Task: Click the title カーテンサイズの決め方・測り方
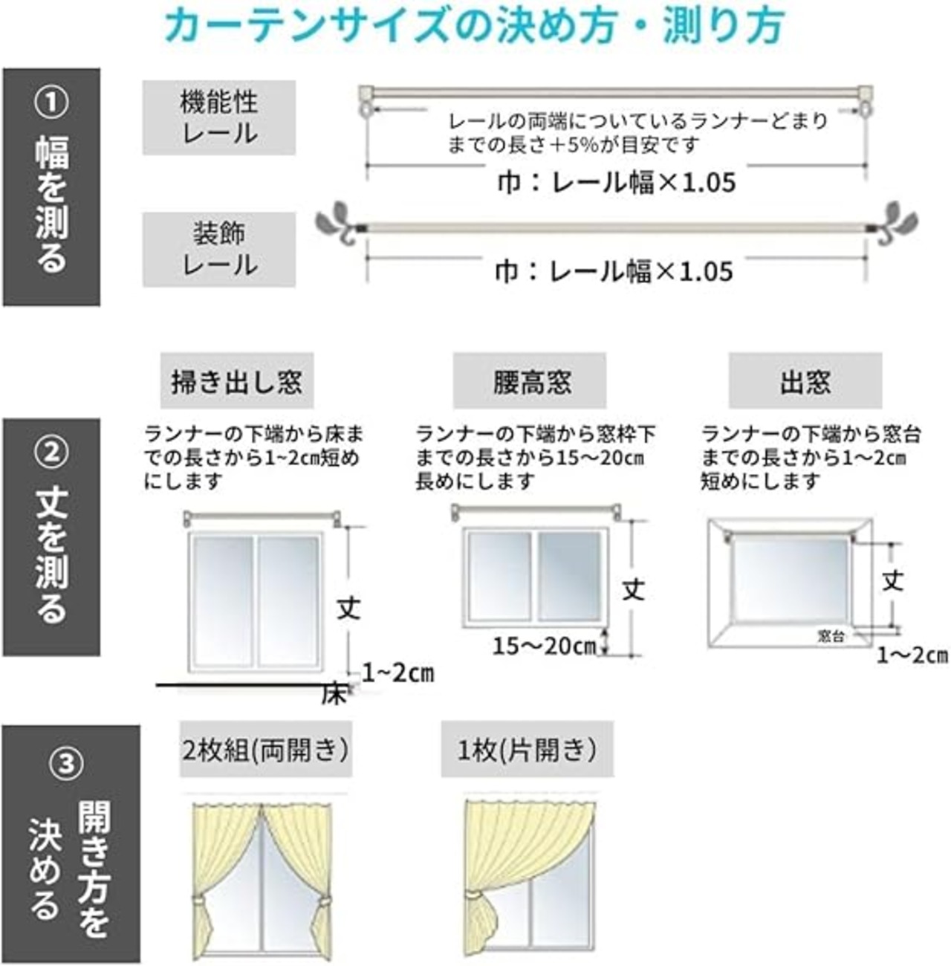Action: coord(474,25)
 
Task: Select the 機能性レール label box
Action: coord(219,117)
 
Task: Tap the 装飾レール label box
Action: coord(219,249)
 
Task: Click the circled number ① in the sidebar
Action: coord(51,102)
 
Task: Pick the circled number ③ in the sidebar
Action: coord(66,763)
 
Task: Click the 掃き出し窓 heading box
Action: coord(236,380)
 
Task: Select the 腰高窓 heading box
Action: coord(530,380)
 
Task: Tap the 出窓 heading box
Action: coord(805,380)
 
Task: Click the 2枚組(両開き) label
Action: coord(266,750)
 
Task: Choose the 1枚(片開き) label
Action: coord(528,750)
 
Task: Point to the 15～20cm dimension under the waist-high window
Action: coord(545,646)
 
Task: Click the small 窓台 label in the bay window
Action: coord(831,637)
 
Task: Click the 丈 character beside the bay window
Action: coord(892,582)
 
